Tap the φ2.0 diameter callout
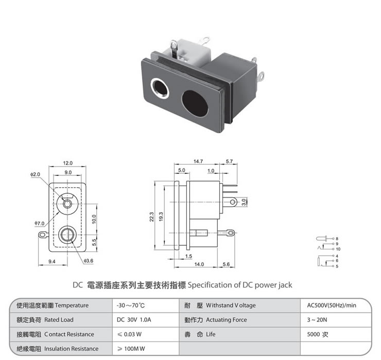coord(35,175)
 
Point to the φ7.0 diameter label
coord(40,223)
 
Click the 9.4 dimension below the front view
coord(52,262)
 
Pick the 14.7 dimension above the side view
coord(198,161)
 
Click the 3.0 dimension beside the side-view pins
coord(245,201)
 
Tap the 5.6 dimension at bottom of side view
coord(226,264)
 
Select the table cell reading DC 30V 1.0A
coord(134,320)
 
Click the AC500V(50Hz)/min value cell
coord(331,305)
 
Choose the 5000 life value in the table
coord(318,334)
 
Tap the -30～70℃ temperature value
coord(132,305)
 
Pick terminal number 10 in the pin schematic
coord(338,249)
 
